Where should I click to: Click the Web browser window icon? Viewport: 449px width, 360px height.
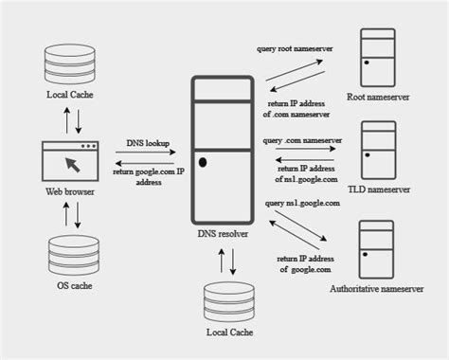(x=70, y=161)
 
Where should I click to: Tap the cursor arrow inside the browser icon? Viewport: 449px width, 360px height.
(x=73, y=165)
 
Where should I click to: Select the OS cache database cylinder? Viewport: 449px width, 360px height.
(x=74, y=255)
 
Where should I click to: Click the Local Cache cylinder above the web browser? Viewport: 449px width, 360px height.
(x=70, y=64)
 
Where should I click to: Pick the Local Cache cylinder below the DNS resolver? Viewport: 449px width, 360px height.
(x=229, y=302)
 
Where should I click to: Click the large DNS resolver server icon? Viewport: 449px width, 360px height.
(x=223, y=150)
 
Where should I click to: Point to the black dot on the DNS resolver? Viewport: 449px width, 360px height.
(x=203, y=162)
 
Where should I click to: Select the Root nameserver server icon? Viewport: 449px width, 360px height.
(x=378, y=58)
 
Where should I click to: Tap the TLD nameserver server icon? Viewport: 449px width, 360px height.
(x=379, y=150)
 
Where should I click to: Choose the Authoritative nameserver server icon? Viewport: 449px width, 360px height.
(x=376, y=249)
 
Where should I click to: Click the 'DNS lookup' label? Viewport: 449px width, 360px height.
(x=148, y=143)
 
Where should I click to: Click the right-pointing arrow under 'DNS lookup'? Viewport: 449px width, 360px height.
(x=146, y=153)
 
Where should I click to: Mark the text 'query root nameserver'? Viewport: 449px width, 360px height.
(x=295, y=49)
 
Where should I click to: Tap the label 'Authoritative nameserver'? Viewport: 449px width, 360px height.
(x=377, y=289)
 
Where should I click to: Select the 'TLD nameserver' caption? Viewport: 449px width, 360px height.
(x=379, y=189)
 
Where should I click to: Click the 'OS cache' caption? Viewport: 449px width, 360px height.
(x=75, y=285)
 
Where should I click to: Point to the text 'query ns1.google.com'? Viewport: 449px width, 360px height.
(x=302, y=203)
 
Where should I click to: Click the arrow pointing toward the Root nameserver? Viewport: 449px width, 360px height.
(x=295, y=70)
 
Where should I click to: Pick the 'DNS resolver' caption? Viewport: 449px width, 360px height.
(x=223, y=234)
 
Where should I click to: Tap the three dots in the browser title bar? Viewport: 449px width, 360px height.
(x=88, y=146)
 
